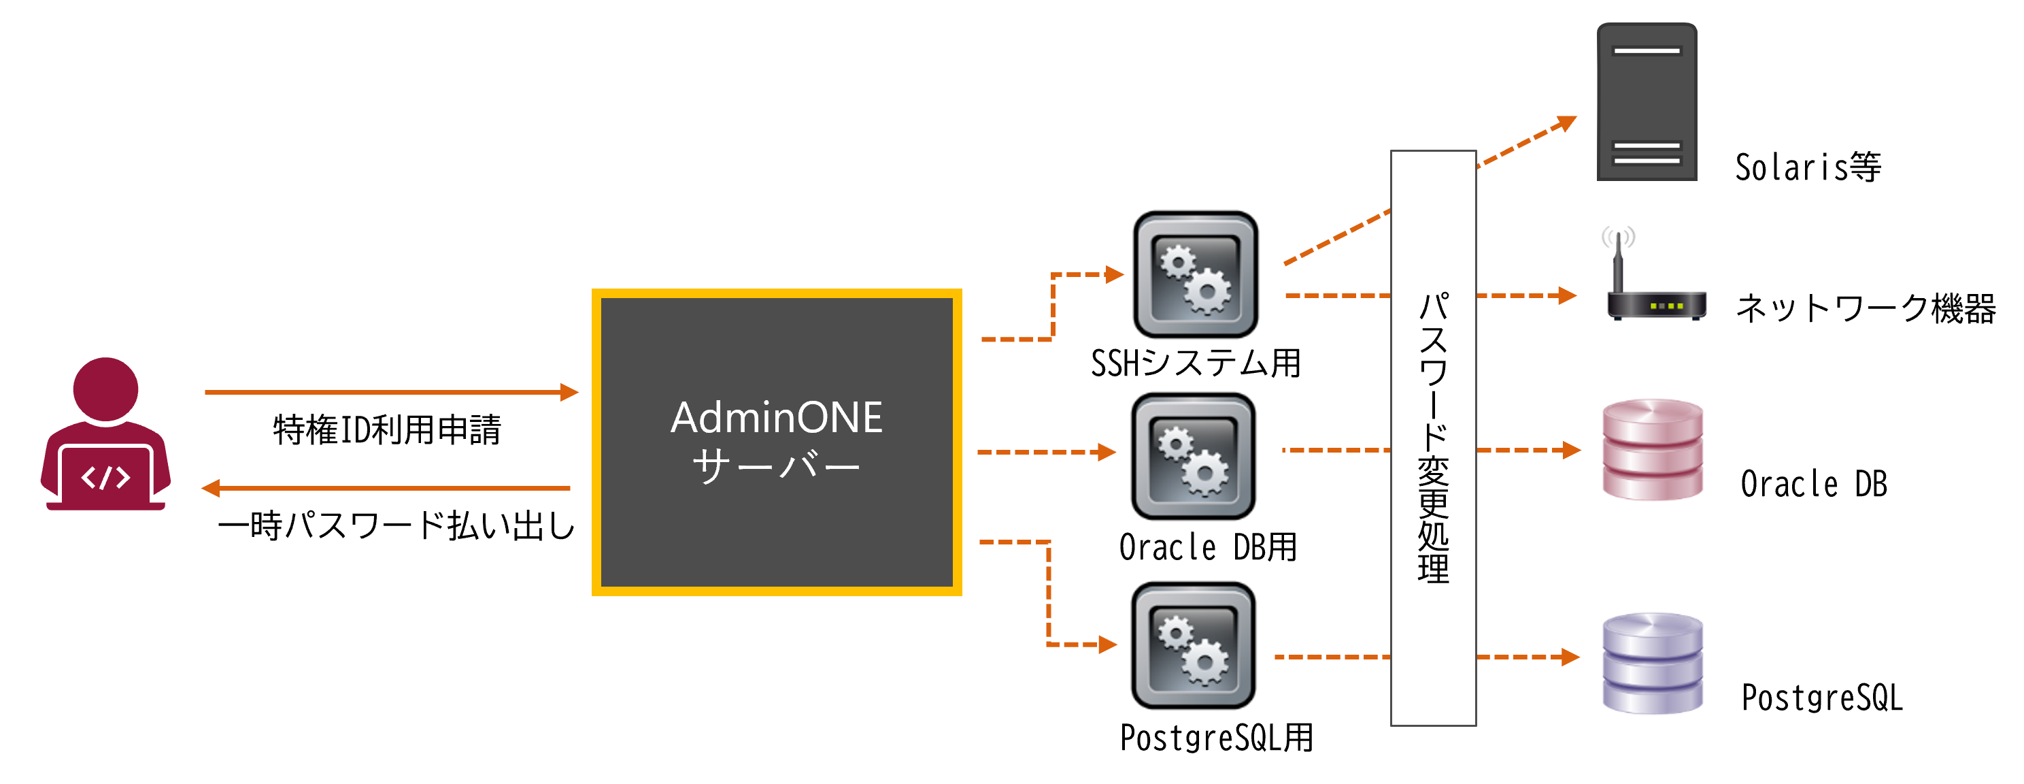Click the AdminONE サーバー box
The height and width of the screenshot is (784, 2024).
(776, 442)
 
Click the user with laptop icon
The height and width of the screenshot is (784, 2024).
(105, 436)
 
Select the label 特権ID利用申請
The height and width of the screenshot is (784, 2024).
(386, 430)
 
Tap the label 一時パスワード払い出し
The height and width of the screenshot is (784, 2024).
(396, 525)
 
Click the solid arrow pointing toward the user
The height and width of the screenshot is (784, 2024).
(385, 489)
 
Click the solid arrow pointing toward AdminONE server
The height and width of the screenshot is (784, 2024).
(390, 391)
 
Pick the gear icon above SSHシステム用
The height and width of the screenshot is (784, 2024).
(1195, 274)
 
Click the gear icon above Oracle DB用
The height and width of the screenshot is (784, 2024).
(1193, 456)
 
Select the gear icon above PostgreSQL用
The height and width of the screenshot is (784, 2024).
(1193, 644)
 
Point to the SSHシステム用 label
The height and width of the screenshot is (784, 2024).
(1195, 363)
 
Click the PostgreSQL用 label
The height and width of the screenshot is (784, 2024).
(1215, 738)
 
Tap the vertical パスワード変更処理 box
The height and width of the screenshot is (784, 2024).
(1432, 438)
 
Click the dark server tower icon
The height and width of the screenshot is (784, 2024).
(1646, 102)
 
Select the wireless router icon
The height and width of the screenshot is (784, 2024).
(1655, 283)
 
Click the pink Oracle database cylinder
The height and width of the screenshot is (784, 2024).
(1653, 450)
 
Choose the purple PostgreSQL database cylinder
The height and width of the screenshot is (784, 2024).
(1653, 664)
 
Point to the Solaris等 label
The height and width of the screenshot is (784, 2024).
(1807, 167)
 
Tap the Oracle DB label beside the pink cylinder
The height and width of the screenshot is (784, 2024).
(1812, 485)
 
